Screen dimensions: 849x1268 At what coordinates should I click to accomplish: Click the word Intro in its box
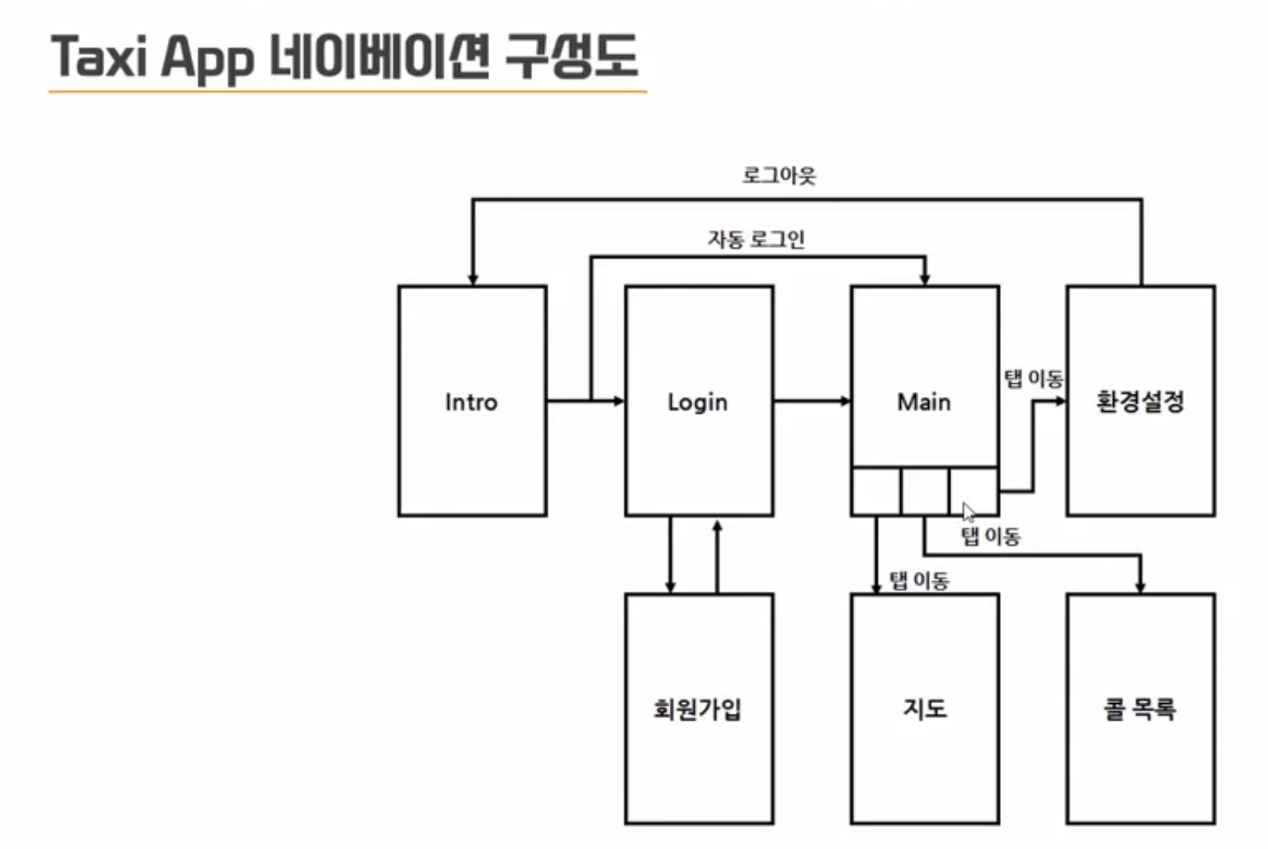click(x=471, y=402)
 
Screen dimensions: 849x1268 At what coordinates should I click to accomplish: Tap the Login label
click(x=697, y=402)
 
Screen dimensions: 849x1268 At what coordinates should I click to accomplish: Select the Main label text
click(x=924, y=402)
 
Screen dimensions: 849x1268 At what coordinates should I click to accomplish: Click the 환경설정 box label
click(x=1140, y=402)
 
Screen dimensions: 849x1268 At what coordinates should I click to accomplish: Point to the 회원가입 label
click(x=697, y=709)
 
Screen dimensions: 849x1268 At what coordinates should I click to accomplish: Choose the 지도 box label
click(x=924, y=709)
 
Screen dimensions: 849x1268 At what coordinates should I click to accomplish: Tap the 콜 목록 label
click(x=1140, y=709)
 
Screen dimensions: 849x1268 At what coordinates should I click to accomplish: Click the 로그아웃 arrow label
click(x=779, y=175)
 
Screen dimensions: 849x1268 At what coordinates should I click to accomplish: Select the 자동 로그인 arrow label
click(x=756, y=239)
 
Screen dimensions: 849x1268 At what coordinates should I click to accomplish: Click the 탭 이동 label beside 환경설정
click(x=1033, y=379)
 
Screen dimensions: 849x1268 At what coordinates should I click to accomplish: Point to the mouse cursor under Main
click(x=968, y=512)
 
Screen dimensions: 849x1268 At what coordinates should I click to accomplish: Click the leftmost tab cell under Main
click(x=876, y=491)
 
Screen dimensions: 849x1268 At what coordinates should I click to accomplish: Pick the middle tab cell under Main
click(x=925, y=491)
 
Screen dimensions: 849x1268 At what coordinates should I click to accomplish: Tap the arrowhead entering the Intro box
click(x=473, y=279)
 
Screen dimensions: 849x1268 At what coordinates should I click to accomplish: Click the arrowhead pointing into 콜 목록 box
click(x=1140, y=586)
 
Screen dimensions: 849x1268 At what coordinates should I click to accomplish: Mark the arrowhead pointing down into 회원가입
click(x=670, y=586)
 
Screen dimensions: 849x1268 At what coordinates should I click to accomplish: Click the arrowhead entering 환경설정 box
click(x=1060, y=402)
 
